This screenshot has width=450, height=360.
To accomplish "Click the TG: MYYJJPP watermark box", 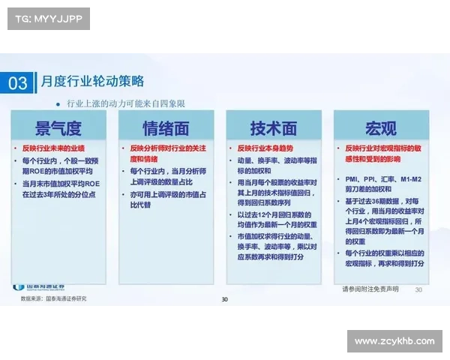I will (47, 18).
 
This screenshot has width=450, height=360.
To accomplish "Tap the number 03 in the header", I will (19, 82).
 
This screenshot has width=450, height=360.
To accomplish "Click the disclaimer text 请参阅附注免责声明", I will (370, 289).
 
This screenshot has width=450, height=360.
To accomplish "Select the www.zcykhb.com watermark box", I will (394, 341).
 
